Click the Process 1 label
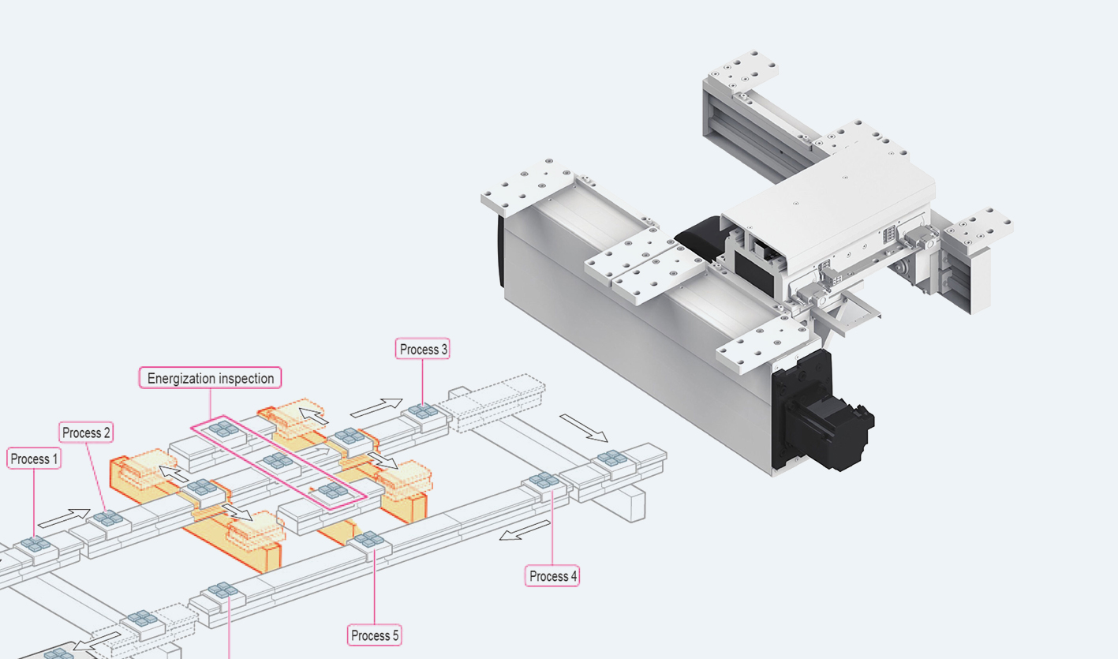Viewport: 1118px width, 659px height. pos(34,459)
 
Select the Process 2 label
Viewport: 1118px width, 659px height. pos(87,432)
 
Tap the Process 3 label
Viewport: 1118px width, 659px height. pos(423,349)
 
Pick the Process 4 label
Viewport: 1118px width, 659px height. pos(552,576)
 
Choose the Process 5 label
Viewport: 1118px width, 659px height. pos(375,635)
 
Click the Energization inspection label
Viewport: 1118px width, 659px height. pos(211,378)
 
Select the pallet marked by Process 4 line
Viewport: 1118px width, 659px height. pos(544,480)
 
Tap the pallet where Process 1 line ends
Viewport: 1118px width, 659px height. pos(36,544)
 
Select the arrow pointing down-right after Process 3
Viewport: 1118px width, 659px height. pos(584,427)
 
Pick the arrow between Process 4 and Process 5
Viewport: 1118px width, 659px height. pos(525,530)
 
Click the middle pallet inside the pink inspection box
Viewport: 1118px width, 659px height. pos(278,461)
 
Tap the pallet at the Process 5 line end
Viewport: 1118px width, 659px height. pos(368,541)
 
